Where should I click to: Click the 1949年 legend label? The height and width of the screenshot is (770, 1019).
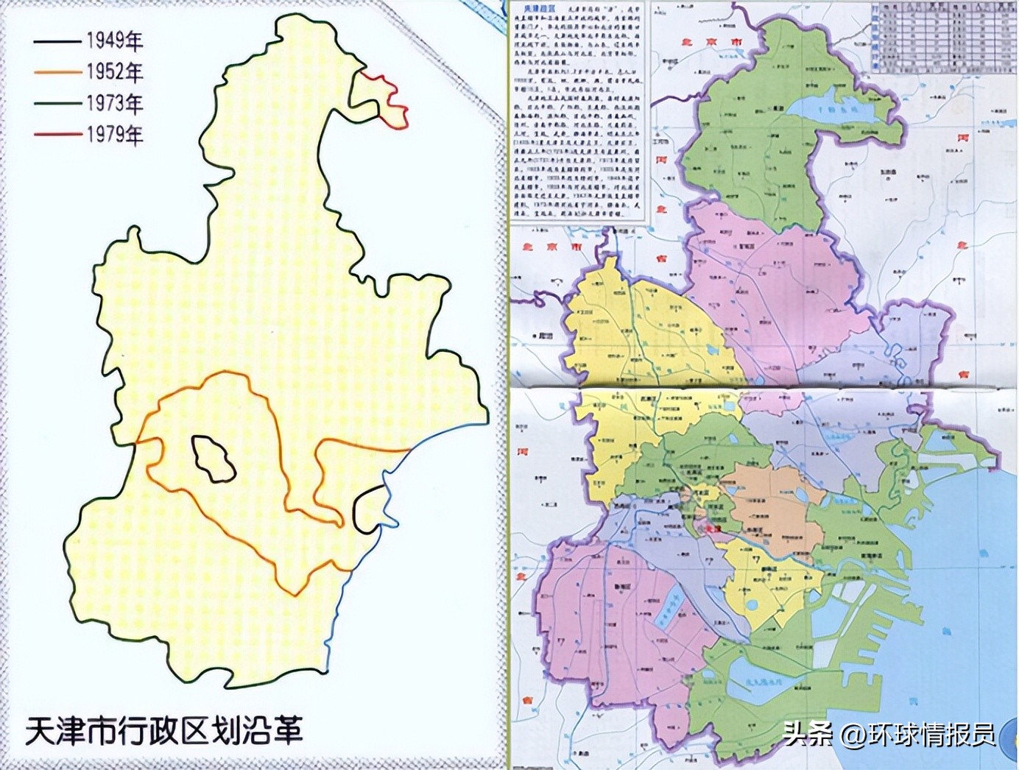pos(114,40)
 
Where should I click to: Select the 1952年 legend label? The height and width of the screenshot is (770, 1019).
pos(114,71)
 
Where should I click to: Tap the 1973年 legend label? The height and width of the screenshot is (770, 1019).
pos(114,103)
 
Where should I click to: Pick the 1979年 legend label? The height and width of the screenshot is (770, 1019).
pos(114,134)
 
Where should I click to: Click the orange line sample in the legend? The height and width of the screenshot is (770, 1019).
pos(56,72)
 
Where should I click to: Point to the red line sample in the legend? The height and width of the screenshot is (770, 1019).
pos(56,135)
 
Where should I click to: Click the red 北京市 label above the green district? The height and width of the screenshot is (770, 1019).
pos(713,43)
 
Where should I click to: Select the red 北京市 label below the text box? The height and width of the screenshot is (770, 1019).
pos(551,247)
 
